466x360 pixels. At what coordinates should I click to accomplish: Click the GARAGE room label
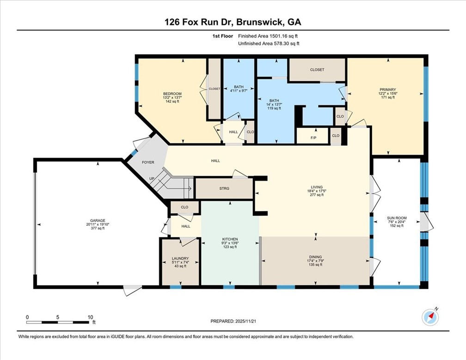point(98,220)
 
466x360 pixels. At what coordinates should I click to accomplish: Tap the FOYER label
point(148,162)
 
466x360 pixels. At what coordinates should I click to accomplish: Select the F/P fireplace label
point(313,138)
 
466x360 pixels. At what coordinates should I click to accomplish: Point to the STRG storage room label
point(224,188)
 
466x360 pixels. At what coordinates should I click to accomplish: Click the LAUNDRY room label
point(180,259)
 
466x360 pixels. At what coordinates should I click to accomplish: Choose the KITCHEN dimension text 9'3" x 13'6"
point(230,243)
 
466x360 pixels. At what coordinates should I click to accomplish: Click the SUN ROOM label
point(397,218)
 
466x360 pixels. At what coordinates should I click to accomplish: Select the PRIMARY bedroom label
point(388,90)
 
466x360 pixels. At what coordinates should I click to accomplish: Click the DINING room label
point(315,257)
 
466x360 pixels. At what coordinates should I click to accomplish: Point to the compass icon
point(430,318)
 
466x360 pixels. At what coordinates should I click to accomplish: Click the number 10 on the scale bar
point(90,317)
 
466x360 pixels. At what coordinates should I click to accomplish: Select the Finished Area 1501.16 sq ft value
point(283,36)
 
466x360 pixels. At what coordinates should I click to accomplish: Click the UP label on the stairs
point(152,179)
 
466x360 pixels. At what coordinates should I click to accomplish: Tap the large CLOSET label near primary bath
point(317,69)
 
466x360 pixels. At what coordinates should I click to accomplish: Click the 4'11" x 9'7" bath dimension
point(239,91)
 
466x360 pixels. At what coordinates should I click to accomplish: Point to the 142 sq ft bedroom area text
point(172,101)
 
